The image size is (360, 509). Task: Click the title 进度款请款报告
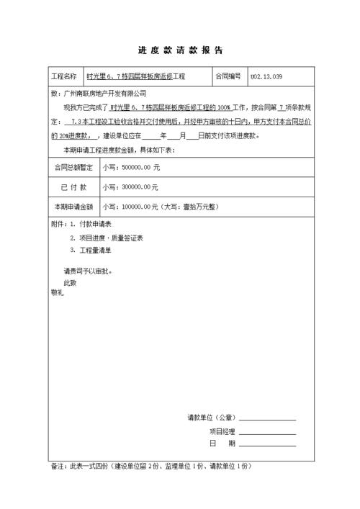180,51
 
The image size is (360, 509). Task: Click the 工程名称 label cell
63,76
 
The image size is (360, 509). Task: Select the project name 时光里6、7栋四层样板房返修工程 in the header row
136,76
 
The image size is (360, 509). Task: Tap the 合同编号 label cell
228,76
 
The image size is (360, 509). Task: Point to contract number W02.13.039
266,76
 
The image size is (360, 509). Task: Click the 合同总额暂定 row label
73,167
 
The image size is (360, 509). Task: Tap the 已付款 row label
73,187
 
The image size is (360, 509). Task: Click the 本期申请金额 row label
73,207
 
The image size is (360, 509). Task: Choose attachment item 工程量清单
95,250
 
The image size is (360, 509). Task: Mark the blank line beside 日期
267,444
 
